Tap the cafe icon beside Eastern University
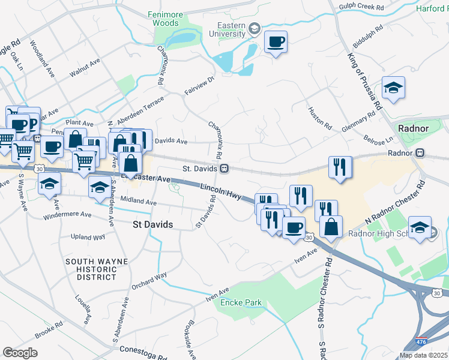[275, 42]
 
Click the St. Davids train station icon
[224, 169]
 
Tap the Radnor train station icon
[420, 153]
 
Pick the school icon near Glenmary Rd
[393, 88]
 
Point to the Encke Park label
[241, 302]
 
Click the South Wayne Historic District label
[91, 269]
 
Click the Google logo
[20, 352]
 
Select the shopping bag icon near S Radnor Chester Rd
[330, 227]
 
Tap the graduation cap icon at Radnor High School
[420, 228]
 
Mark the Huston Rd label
[319, 119]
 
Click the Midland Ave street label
[138, 202]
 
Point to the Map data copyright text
[424, 355]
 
